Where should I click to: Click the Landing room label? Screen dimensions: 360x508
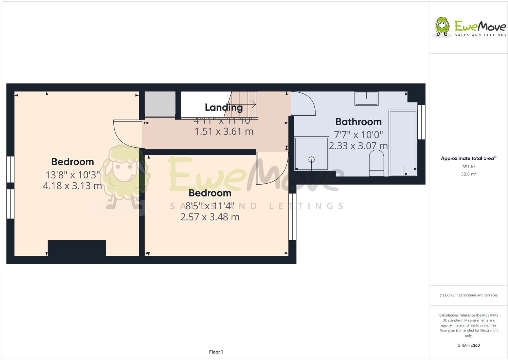224,108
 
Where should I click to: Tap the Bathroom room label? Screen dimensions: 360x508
358,122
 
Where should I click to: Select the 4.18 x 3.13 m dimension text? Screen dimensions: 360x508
72,186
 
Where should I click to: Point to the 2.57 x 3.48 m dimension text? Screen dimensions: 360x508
210,217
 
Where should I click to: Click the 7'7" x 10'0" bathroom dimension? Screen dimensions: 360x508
358,135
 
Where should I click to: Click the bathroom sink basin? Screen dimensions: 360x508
366,98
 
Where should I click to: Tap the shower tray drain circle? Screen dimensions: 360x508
311,159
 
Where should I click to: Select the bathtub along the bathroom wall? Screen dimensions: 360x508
403,143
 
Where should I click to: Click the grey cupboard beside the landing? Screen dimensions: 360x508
160,104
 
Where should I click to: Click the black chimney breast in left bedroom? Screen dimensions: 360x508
77,248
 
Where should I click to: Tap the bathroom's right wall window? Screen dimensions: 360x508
421,122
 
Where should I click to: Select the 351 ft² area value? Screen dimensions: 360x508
468,167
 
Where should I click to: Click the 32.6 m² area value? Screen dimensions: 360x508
468,174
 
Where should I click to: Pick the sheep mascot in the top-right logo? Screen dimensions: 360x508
442,26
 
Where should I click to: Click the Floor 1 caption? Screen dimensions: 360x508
216,352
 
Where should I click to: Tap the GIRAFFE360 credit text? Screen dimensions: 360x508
468,345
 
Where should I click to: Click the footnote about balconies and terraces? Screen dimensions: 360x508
468,295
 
